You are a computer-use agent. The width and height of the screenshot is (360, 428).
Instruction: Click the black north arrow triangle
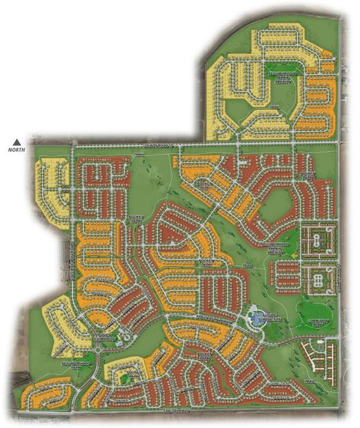tap(16, 139)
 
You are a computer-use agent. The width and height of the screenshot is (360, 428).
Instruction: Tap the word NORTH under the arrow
tap(16, 148)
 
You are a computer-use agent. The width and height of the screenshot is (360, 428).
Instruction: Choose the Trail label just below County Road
tap(139, 155)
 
